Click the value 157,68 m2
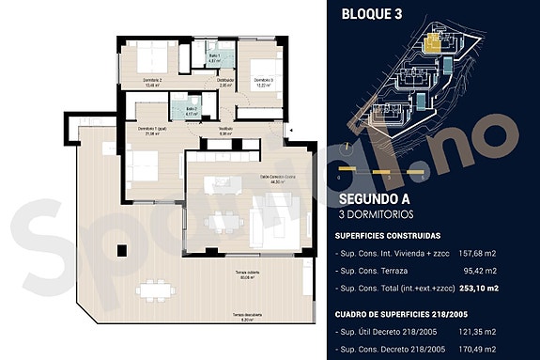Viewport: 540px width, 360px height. (477, 252)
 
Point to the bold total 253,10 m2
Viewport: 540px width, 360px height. (476, 288)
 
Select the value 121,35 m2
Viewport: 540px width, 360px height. (477, 332)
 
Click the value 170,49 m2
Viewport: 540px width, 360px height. (477, 349)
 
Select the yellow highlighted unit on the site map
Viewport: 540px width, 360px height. (434, 41)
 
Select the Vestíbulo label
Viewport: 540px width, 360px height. (225, 130)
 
